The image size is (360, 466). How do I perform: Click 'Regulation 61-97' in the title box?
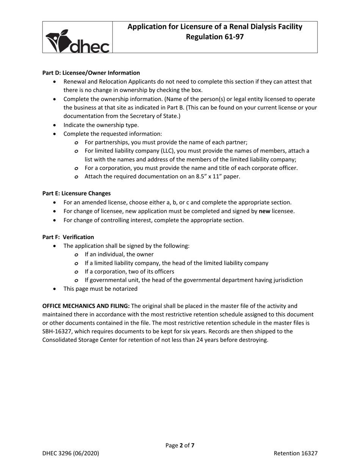click(x=214, y=37)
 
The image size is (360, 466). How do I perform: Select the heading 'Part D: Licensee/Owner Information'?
click(x=91, y=73)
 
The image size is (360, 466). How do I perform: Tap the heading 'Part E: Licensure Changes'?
click(x=77, y=193)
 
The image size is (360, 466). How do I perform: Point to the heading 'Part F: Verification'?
click(x=68, y=237)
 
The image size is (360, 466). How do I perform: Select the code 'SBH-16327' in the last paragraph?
click(x=57, y=332)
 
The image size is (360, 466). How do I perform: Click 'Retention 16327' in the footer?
click(x=296, y=453)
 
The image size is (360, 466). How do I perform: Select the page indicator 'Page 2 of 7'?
click(x=180, y=446)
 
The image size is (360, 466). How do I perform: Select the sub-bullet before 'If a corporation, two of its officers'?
click(x=77, y=272)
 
